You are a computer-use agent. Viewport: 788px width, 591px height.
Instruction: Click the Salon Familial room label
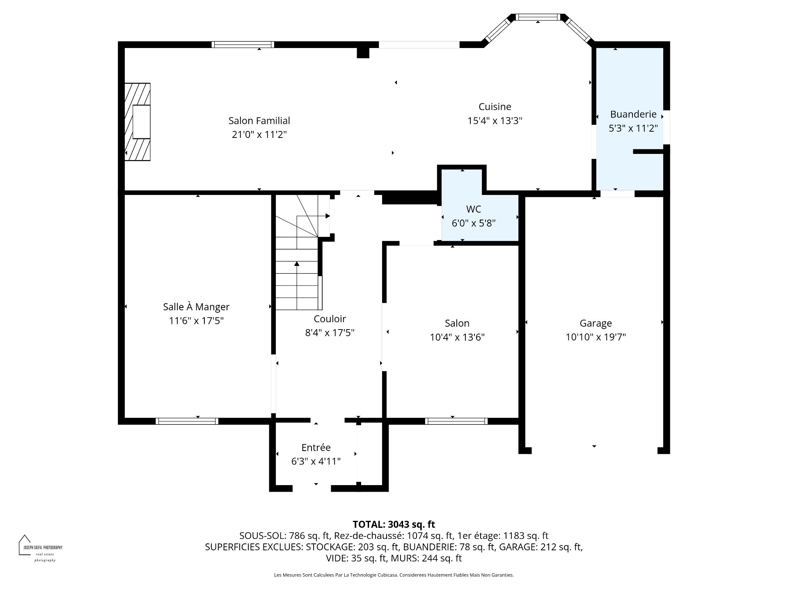(259, 121)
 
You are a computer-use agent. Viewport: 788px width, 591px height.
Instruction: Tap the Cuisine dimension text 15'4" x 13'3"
(495, 121)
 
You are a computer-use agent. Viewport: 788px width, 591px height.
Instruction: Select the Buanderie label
(633, 114)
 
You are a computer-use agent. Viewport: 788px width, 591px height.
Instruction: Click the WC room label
(473, 209)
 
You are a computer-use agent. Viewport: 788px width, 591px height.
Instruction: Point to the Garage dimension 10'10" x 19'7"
(596, 337)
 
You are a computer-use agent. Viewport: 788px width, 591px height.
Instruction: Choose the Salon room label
(457, 323)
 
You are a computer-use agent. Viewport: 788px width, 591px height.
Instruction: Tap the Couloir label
(330, 319)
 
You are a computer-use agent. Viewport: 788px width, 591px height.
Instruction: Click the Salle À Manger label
(196, 307)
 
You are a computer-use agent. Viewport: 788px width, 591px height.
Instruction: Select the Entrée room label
(316, 447)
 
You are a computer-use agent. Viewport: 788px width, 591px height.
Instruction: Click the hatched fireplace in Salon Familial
(137, 122)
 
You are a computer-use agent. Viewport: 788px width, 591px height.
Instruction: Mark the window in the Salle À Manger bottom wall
(187, 421)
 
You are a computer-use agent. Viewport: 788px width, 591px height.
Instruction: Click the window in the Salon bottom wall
(456, 421)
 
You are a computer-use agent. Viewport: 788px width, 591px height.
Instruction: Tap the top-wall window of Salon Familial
(243, 45)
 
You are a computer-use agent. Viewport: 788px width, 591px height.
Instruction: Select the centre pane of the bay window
(538, 17)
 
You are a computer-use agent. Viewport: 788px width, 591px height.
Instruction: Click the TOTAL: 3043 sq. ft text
(394, 525)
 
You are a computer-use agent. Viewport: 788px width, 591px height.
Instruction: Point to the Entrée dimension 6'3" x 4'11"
(316, 461)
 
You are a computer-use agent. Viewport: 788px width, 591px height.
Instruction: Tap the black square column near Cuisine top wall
(363, 53)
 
